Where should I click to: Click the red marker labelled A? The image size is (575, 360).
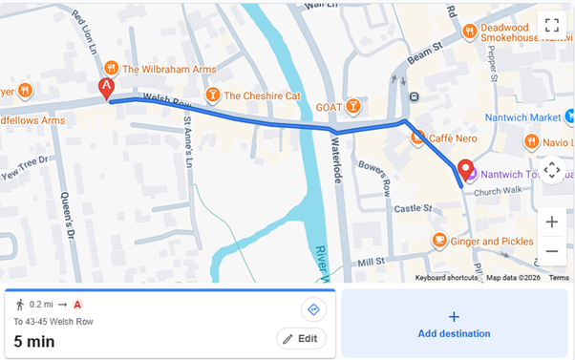coord(107,90)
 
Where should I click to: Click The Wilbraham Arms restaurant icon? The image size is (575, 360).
coord(112,69)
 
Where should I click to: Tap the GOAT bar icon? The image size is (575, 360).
coord(353,105)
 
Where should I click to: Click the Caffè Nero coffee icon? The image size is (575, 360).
coord(417,138)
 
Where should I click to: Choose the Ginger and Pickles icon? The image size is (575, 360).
coord(438,241)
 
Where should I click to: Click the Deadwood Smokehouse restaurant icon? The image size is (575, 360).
coord(469,32)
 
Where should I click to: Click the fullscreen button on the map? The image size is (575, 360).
coord(551,26)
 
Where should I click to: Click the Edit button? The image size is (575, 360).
coord(302,339)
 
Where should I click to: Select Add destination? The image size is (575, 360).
coord(454,325)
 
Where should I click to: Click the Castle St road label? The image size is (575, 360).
coord(414,208)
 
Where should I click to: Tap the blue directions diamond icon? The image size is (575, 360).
coord(312,309)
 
